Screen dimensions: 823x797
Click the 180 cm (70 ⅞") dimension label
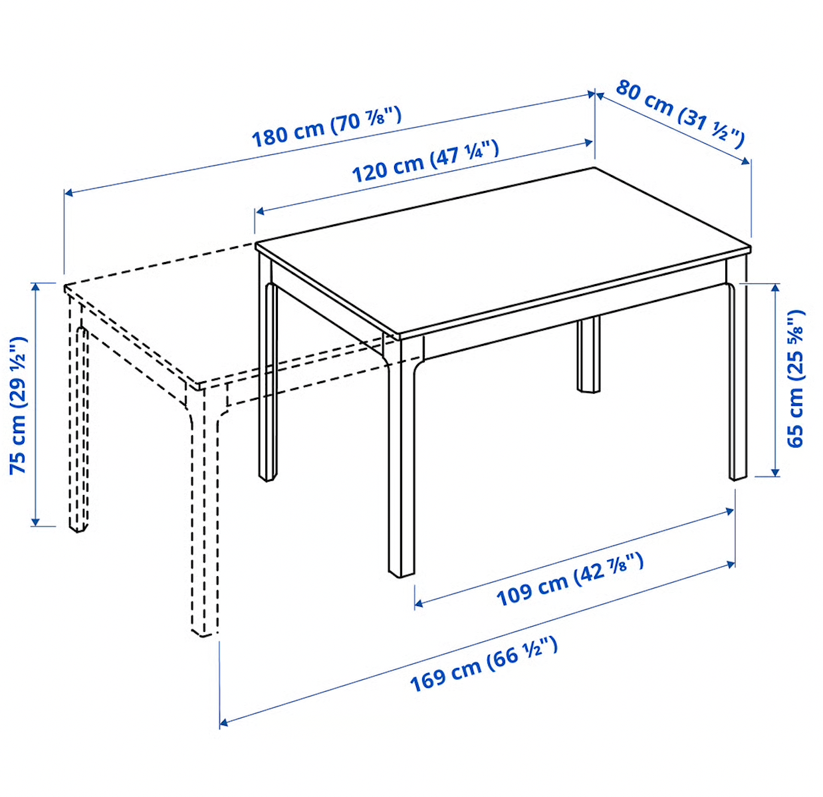pyautogui.click(x=326, y=127)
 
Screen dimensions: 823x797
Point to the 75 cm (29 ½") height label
pyautogui.click(x=18, y=405)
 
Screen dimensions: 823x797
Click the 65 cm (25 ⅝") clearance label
pyautogui.click(x=794, y=379)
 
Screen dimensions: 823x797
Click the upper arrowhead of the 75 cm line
pyautogui.click(x=36, y=287)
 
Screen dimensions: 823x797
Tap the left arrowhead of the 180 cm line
pyautogui.click(x=69, y=194)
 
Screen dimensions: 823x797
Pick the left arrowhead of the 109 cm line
pyautogui.click(x=419, y=602)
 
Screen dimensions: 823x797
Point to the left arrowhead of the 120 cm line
pyautogui.click(x=260, y=211)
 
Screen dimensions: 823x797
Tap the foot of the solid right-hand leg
pyautogui.click(x=738, y=478)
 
